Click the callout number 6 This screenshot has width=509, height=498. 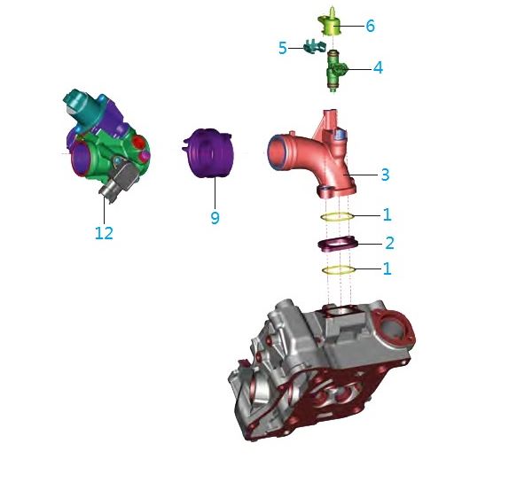pos(370,26)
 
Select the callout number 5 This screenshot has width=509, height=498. pos(283,49)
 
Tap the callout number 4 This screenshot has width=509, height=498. pos(378,68)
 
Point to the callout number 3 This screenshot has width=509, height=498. pos(385,175)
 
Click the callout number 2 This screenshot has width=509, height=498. pos(389,243)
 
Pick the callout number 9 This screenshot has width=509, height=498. pos(215,217)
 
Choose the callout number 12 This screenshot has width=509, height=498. pos(104,233)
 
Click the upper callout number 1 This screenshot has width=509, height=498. pos(387,214)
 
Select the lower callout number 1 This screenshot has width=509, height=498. pos(387,268)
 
